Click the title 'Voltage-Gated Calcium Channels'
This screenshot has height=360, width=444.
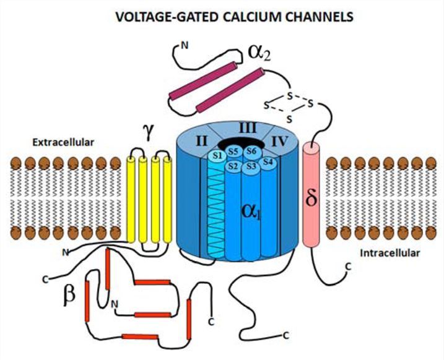(234, 17)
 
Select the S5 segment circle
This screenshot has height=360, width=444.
(233, 150)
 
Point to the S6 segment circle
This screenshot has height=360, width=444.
(251, 150)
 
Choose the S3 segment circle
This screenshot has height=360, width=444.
(250, 166)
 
